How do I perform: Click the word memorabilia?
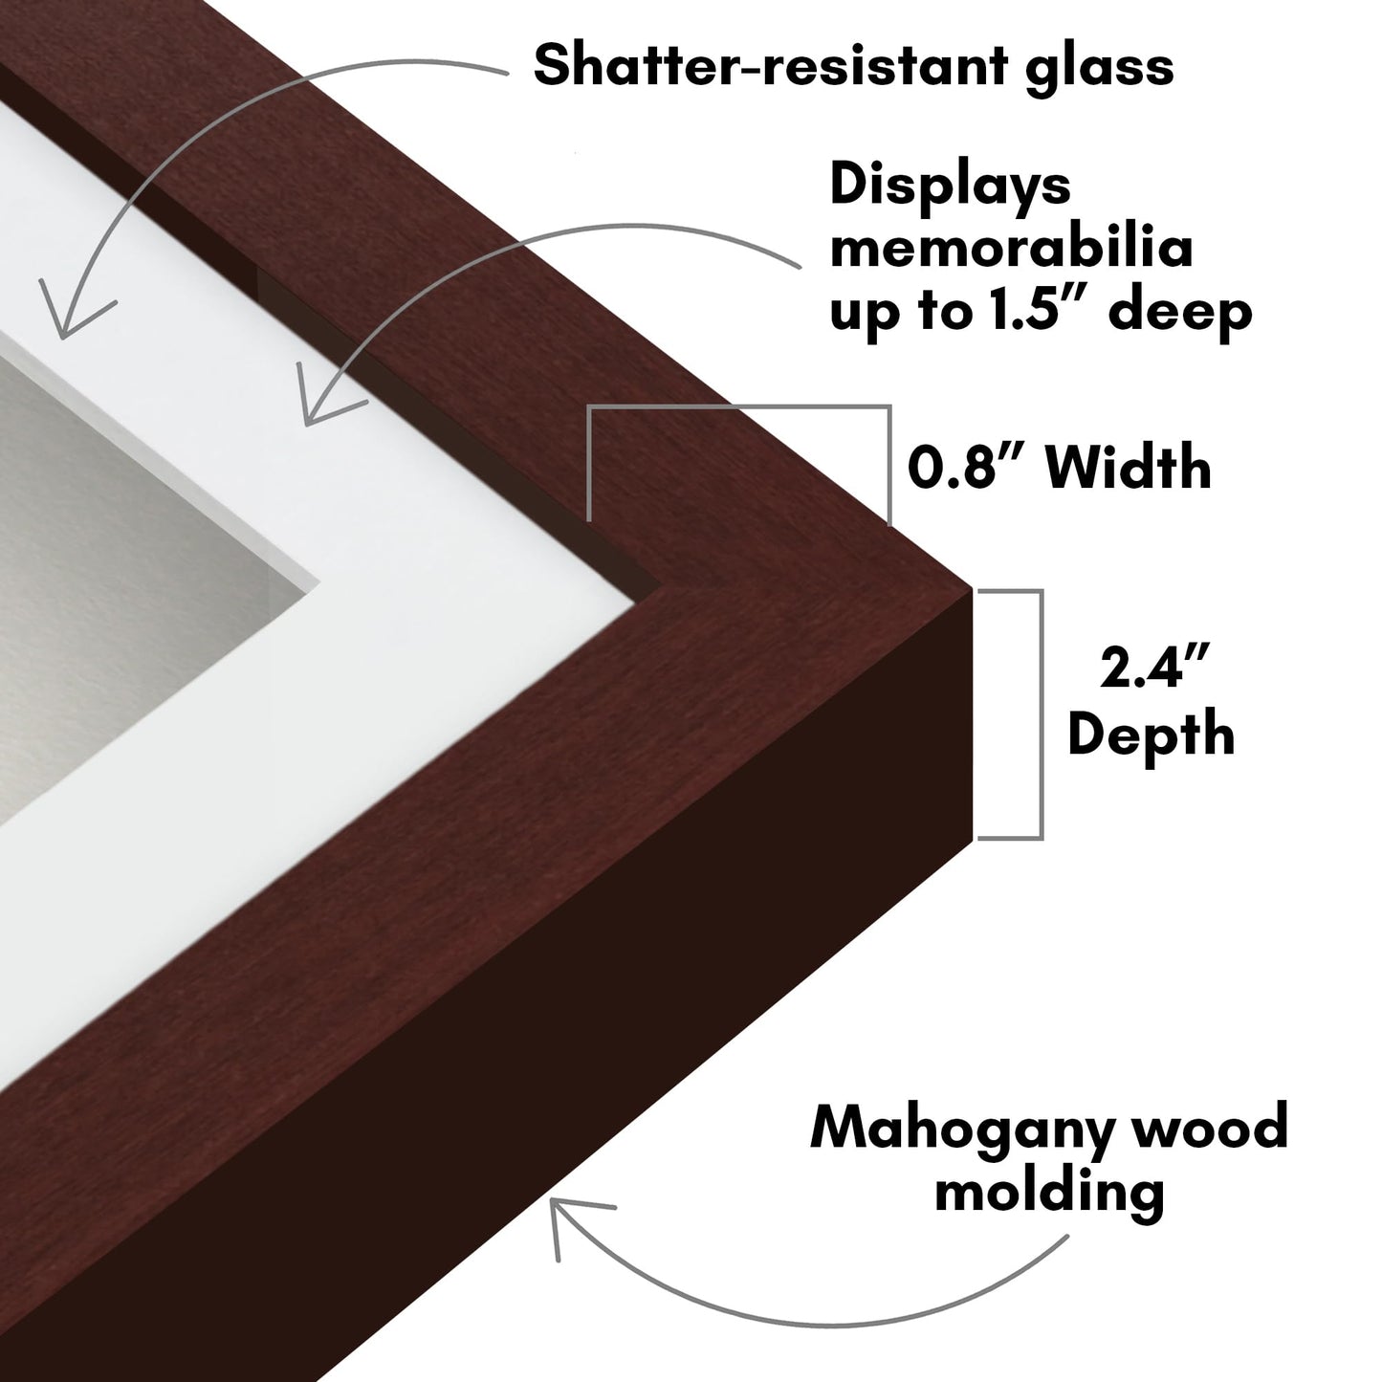point(1012,249)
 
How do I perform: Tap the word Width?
point(1129,467)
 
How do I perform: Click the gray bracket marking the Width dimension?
point(738,407)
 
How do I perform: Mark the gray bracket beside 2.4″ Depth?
point(1041,714)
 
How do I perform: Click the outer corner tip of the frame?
point(973,589)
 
